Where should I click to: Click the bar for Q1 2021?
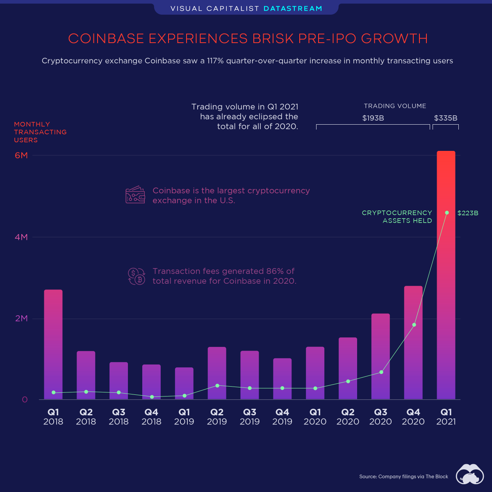pos(446,275)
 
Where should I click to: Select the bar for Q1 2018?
pos(53,344)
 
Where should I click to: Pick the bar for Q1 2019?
pos(184,383)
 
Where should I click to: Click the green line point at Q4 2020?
pos(414,325)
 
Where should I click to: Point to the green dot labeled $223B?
pos(447,213)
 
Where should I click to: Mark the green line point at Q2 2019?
pos(217,385)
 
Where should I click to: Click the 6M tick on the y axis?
pos(21,155)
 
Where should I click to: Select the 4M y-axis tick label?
pos(21,237)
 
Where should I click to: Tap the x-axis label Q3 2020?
pos(380,417)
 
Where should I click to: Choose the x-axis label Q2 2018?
pos(86,417)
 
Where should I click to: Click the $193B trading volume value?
pos(373,118)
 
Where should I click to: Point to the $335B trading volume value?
pos(446,118)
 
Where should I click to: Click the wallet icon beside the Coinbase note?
pos(135,195)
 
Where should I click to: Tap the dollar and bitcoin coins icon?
pos(136,276)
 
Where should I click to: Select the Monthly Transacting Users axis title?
pos(40,132)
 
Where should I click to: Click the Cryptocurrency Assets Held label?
pos(397,216)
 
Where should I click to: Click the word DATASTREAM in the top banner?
pos(293,9)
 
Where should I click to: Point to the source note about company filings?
pos(404,476)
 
